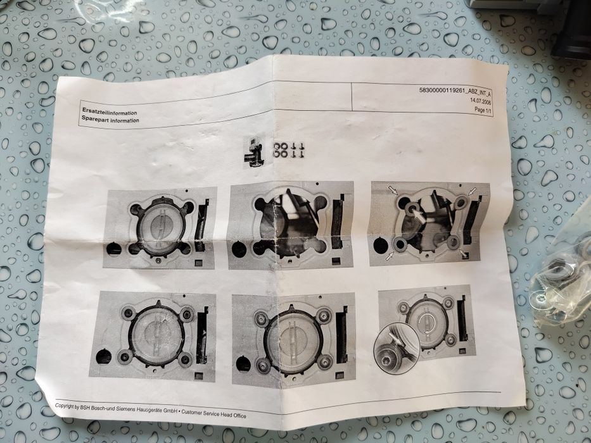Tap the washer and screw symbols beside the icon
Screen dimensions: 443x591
coord(288,150)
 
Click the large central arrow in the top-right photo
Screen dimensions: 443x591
coord(418,215)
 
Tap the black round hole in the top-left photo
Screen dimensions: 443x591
coord(113,249)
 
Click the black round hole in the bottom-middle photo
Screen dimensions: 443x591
coord(243,363)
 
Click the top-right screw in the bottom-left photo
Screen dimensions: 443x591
coord(187,314)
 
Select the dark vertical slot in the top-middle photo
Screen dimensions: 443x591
coord(338,218)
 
